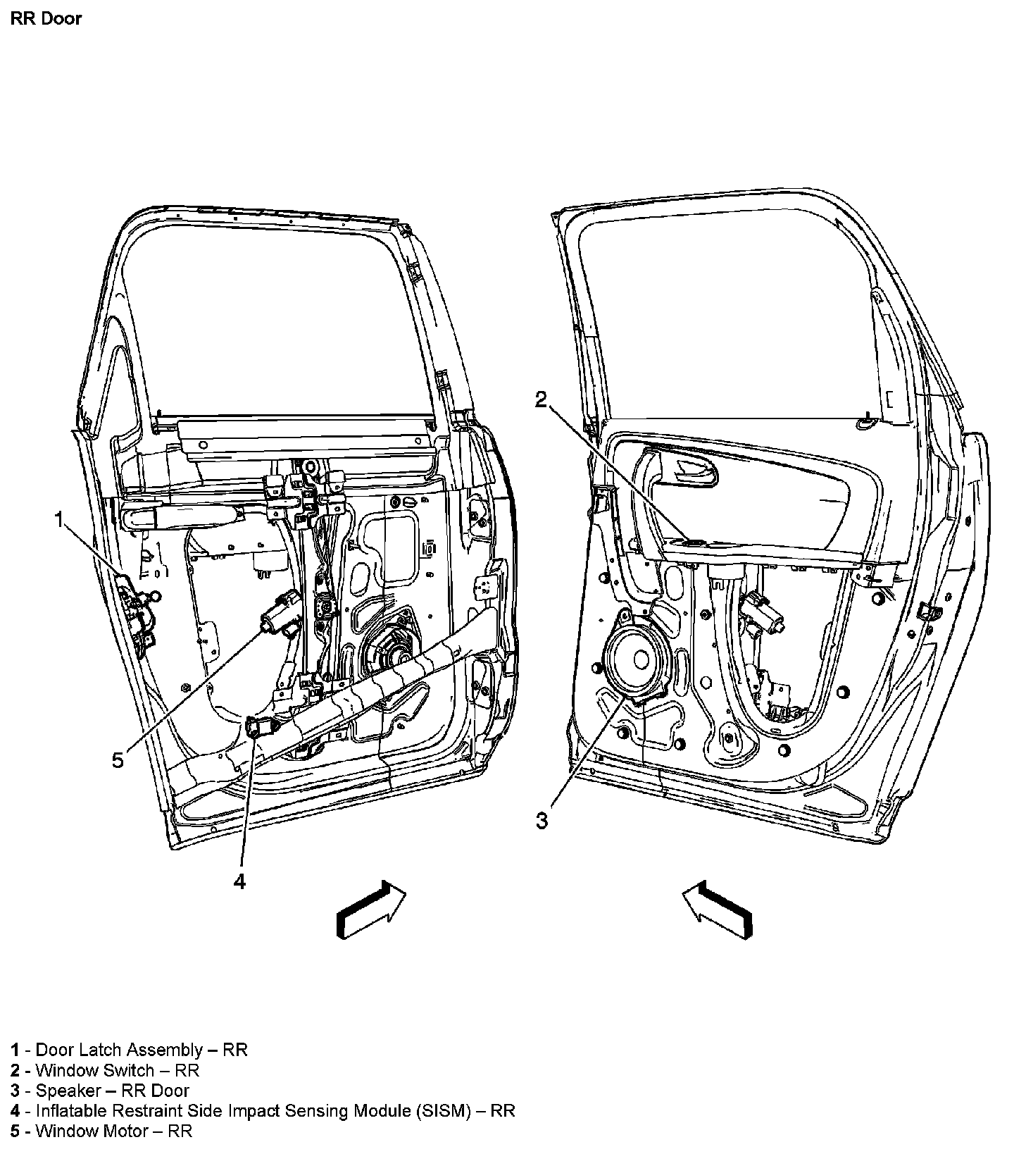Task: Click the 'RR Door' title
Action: [x=46, y=18]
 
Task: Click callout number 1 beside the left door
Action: [x=60, y=520]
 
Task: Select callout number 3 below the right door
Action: [x=542, y=821]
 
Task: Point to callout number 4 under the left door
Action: [x=240, y=881]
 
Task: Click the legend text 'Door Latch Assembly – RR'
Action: [x=141, y=1050]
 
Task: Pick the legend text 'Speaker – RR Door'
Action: [x=112, y=1091]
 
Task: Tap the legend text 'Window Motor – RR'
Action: [x=113, y=1131]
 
